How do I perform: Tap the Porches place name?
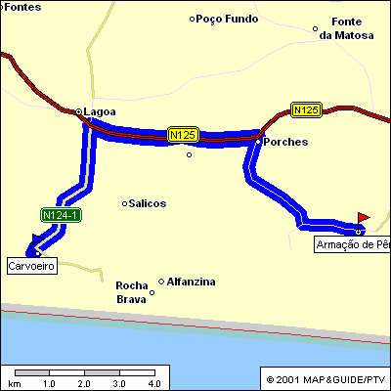point(286,142)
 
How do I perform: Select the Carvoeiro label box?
point(31,265)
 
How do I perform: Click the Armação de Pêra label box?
point(352,244)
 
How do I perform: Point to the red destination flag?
point(364,217)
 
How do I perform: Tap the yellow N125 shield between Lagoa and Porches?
point(183,135)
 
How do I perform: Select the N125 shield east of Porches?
point(306,110)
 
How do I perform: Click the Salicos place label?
point(148,203)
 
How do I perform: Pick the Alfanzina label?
point(192,282)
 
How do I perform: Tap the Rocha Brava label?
point(131,292)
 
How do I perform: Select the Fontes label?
point(22,6)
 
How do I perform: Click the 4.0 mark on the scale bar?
point(153,383)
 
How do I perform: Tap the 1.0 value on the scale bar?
point(49,383)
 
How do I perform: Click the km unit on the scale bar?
point(14,383)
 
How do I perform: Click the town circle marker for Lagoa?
point(79,112)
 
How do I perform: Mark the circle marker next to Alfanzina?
point(161,282)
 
